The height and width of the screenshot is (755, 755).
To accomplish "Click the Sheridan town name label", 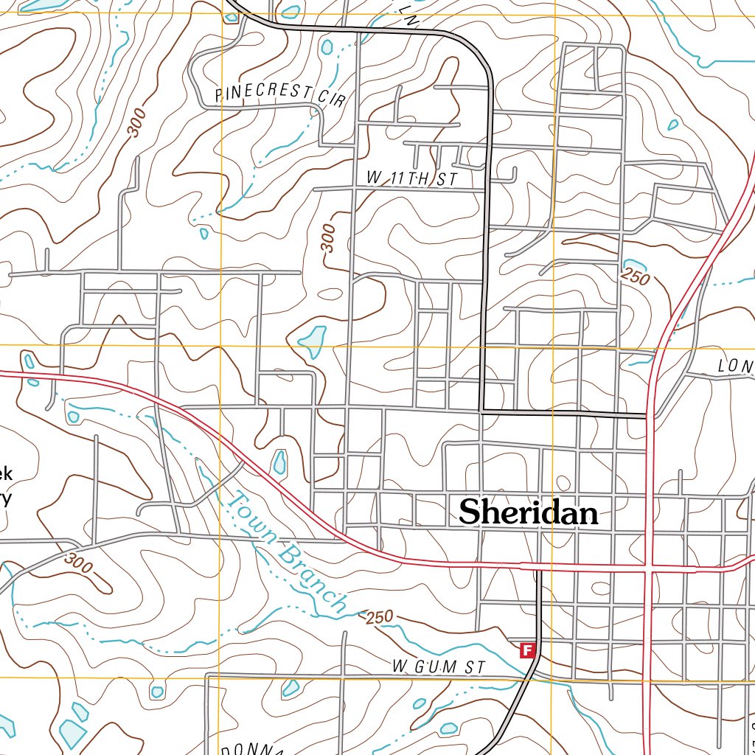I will click(528, 512).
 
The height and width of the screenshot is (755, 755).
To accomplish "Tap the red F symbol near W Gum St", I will click(527, 650).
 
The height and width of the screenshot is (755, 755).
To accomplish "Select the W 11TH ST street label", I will click(412, 179).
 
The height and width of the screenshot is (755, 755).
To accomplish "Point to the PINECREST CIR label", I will click(280, 95).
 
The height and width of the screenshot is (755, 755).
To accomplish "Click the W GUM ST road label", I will click(439, 667).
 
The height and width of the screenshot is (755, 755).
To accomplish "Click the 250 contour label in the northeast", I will click(636, 278).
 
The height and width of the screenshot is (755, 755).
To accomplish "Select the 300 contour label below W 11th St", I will click(330, 238).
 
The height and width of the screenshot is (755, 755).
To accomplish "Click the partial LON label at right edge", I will click(736, 366).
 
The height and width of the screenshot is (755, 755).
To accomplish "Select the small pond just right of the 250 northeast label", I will click(633, 265).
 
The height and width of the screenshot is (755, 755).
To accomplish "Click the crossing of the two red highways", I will click(649, 568).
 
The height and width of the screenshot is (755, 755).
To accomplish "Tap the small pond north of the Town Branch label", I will click(279, 462).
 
